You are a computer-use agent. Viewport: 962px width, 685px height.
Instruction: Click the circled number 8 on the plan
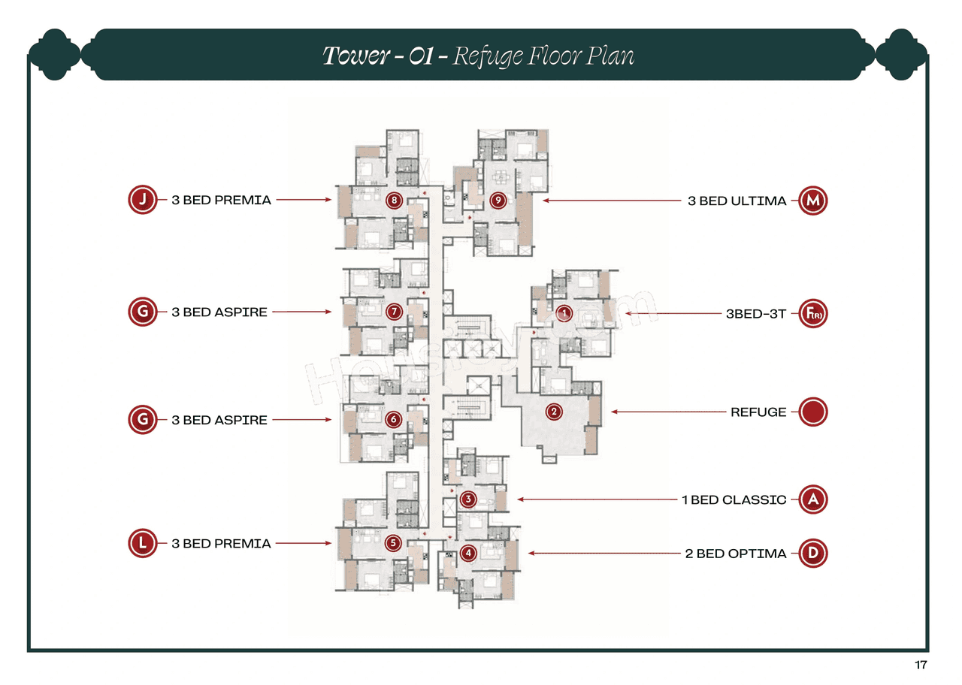[x=393, y=201]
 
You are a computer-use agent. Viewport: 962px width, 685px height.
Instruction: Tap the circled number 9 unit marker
[x=497, y=201]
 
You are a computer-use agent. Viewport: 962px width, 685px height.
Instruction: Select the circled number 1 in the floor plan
[x=564, y=312]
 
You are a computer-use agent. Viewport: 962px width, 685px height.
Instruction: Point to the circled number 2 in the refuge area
[x=554, y=412]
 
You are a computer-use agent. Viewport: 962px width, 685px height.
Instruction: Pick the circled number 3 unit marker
[x=468, y=499]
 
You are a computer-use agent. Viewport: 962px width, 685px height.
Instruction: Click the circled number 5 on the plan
[x=393, y=543]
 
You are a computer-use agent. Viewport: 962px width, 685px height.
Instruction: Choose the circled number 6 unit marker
[x=393, y=420]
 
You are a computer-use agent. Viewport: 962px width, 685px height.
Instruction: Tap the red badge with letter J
[x=142, y=201]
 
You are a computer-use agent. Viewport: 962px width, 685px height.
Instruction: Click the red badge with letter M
[x=812, y=201]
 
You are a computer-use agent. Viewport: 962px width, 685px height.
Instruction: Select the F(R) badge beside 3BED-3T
[x=812, y=314]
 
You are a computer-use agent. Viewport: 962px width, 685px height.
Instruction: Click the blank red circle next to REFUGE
[x=812, y=412]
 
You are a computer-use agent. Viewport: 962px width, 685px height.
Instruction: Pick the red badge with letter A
[x=812, y=499]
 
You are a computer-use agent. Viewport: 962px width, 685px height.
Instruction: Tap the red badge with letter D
[x=812, y=554]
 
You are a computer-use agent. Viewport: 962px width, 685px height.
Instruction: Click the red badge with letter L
[x=142, y=543]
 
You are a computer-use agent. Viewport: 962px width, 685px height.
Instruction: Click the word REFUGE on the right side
[x=758, y=412]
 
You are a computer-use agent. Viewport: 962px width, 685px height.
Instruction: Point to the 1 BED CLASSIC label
[x=734, y=500]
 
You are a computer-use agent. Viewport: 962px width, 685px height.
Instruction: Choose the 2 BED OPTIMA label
[x=735, y=554]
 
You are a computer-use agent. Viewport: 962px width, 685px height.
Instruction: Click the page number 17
[x=921, y=665]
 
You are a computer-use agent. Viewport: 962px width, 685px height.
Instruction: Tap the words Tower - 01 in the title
[x=378, y=56]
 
